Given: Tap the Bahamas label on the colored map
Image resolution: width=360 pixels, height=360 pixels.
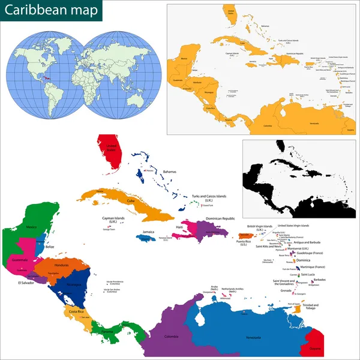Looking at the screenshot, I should [169, 172].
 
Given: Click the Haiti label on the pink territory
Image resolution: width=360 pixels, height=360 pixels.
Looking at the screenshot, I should [180, 227].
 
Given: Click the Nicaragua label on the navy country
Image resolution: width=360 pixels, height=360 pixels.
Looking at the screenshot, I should [72, 284].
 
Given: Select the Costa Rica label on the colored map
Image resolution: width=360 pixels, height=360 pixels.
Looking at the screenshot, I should [76, 312].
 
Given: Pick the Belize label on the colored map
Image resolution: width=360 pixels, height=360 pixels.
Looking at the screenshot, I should [50, 247].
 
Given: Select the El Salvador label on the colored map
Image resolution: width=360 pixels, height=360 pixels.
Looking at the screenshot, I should [26, 282].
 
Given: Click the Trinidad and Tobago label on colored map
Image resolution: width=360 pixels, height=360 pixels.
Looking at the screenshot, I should [311, 307].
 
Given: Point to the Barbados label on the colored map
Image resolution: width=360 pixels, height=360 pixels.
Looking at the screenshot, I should [320, 280].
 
